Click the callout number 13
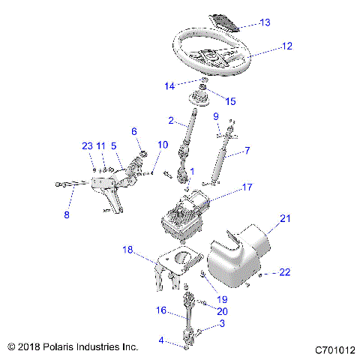point(265,22)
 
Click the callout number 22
point(284,272)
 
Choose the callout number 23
point(87,145)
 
